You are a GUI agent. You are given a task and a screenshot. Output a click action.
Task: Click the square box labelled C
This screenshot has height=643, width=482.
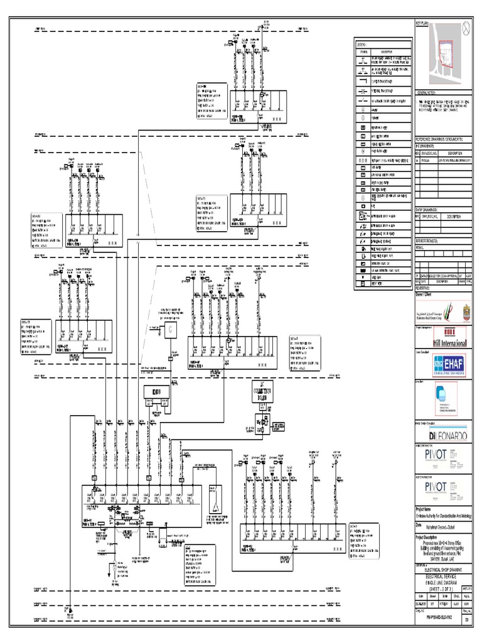pyautogui.click(x=170, y=328)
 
